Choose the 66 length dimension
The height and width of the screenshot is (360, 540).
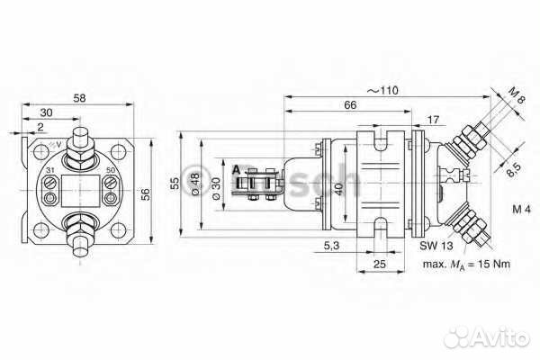click(350, 105)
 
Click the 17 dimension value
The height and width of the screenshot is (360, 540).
click(434, 120)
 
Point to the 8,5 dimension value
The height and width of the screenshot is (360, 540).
click(512, 166)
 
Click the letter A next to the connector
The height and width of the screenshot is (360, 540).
click(236, 169)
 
